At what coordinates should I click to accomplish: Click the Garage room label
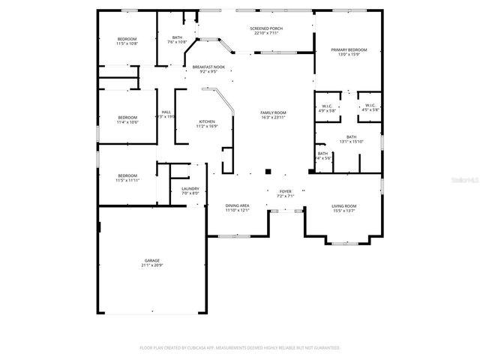[151, 261]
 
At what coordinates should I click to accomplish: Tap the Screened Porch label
[266, 28]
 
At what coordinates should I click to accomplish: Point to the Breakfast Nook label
[208, 67]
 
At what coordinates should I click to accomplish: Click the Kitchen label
[206, 121]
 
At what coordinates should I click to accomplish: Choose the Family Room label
[273, 112]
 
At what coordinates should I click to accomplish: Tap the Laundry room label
[190, 189]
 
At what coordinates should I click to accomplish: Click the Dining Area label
[238, 205]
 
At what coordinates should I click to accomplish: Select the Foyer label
[285, 191]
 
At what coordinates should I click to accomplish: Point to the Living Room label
[344, 205]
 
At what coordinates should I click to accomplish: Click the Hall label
[166, 112]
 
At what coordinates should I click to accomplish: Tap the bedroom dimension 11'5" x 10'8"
[127, 43]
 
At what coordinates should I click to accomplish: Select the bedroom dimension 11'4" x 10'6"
[127, 122]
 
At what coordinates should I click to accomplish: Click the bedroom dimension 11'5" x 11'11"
[127, 180]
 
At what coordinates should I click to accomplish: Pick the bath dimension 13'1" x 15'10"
[351, 141]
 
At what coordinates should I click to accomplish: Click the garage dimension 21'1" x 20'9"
[151, 265]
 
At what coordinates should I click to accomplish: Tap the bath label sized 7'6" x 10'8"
[177, 37]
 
